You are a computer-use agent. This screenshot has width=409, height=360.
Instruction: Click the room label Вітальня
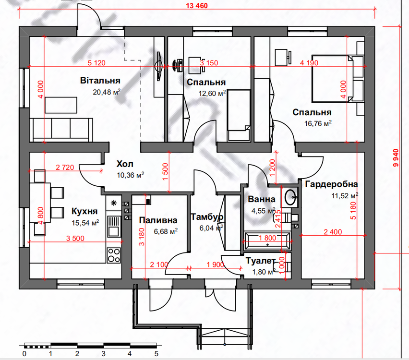[x=100, y=80]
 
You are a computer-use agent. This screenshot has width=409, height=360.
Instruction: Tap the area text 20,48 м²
[x=107, y=92]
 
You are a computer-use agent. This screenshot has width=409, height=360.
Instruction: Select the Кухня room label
[x=84, y=211]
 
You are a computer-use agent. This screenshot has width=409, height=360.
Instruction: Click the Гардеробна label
[x=332, y=184]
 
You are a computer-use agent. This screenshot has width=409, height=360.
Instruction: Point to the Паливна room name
[x=158, y=220]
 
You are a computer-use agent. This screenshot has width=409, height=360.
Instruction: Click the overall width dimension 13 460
[x=197, y=5]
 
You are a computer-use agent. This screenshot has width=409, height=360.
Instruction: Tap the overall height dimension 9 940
[x=396, y=158]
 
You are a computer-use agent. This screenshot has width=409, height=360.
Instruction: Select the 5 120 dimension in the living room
[x=96, y=62]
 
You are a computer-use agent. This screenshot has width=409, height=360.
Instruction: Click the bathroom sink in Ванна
[x=290, y=197]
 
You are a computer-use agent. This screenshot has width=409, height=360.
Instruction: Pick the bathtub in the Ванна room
[x=267, y=241]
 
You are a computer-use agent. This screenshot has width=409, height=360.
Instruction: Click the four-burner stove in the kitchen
[x=114, y=255]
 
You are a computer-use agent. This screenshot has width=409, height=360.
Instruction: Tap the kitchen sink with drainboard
[x=114, y=227]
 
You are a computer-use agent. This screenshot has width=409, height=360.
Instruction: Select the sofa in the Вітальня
[x=61, y=130]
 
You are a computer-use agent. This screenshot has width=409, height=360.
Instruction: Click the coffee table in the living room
[x=61, y=105]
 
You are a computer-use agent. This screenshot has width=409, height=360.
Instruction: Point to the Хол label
[x=125, y=164]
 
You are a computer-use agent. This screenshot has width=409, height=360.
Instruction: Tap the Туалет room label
[x=261, y=261]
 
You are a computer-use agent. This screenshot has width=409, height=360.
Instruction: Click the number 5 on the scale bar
[x=156, y=353]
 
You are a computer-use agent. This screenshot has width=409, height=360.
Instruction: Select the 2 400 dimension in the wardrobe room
[x=333, y=232]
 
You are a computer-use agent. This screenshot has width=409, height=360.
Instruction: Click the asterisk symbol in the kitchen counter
[x=114, y=203]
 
